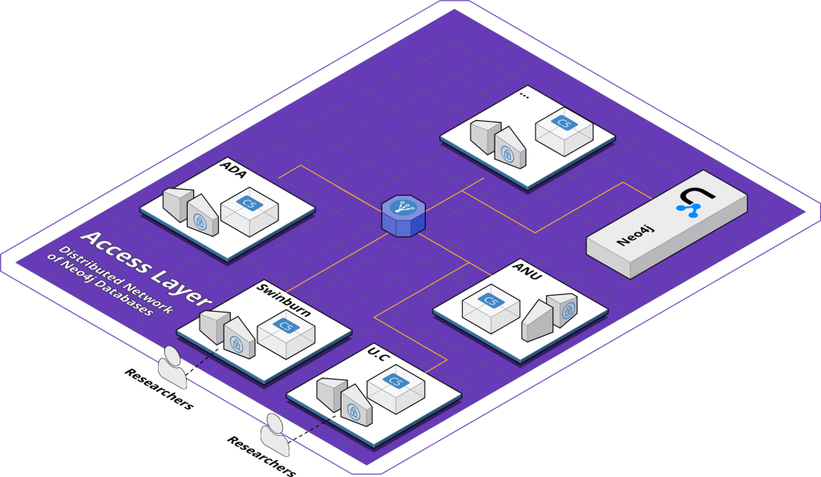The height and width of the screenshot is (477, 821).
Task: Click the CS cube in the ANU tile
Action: (x=491, y=306)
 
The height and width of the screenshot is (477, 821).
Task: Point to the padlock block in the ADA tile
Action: (x=200, y=217)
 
